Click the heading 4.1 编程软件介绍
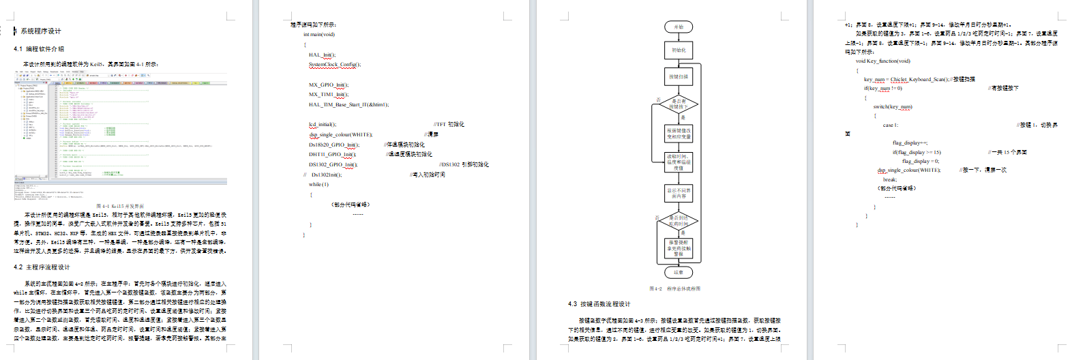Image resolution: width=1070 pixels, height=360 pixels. pos(39,49)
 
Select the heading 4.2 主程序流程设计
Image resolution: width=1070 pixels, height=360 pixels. pos(42,267)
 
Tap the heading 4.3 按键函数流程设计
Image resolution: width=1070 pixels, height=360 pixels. pos(599,304)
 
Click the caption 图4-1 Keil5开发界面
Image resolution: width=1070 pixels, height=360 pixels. pos(120,206)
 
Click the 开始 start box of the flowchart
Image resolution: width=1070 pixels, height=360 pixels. pos(679,27)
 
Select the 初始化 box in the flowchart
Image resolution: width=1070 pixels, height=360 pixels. pos(679,50)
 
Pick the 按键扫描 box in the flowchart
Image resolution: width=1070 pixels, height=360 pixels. pos(679,77)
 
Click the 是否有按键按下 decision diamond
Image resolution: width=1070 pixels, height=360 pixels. pos(677,104)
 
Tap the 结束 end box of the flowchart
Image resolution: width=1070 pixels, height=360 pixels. pos(679,272)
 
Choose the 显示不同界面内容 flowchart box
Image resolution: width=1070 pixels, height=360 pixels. pos(679,193)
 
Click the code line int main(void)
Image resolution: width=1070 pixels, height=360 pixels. pos(319,34)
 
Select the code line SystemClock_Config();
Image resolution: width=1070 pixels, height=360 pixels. pos(335,65)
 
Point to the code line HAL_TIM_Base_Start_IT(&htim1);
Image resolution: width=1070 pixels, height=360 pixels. pos(348,104)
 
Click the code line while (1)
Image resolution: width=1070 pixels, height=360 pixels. pos(318,184)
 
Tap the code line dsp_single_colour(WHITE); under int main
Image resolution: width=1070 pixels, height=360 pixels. pos(341,134)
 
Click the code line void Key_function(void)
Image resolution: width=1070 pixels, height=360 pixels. pos(883,61)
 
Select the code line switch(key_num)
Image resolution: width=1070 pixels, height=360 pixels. pos(893,106)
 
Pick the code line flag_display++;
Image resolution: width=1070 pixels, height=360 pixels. pos(910,142)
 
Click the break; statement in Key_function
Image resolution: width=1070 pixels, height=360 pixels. pos(890,179)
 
